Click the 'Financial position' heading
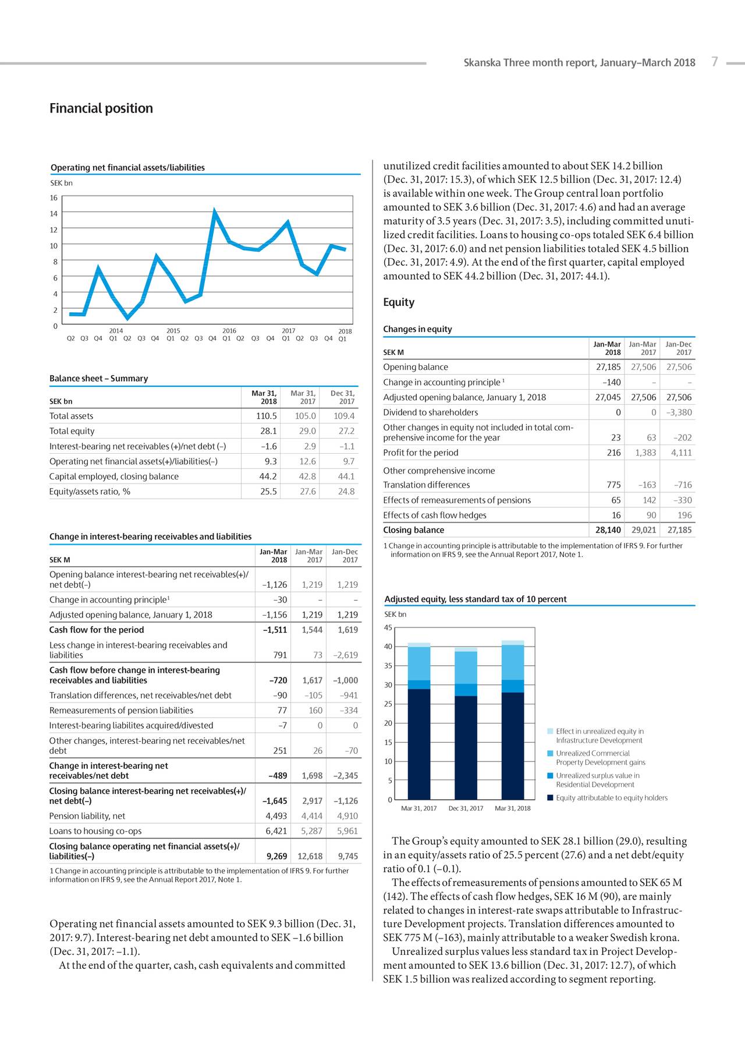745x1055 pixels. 101,108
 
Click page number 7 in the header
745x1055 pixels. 715,62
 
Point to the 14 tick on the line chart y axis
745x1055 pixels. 54,214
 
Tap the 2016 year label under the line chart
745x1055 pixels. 229,331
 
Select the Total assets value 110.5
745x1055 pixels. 267,416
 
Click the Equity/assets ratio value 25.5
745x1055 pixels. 268,492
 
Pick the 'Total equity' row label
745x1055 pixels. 72,431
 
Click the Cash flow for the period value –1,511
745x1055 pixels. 275,630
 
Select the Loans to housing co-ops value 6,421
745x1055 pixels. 276,831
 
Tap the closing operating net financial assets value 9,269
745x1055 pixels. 276,856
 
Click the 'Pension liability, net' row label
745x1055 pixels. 87,816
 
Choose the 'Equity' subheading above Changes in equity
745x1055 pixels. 399,302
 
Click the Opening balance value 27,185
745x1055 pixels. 608,367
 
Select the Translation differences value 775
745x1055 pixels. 613,485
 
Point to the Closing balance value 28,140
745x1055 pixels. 608,530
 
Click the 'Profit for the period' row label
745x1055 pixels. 421,453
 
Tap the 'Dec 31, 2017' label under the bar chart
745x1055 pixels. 466,809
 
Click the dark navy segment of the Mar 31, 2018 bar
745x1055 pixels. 513,746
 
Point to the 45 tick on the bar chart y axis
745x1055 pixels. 389,627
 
